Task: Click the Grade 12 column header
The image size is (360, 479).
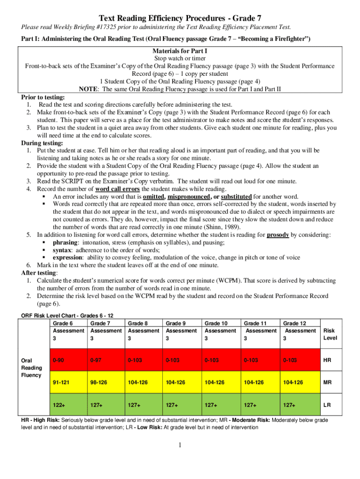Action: (x=300, y=331)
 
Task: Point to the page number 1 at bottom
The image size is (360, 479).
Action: (x=180, y=444)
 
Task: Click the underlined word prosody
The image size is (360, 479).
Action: (x=278, y=235)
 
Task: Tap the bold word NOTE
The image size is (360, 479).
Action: (x=88, y=89)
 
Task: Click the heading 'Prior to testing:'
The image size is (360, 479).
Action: (x=40, y=97)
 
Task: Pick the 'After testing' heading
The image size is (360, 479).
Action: (x=40, y=273)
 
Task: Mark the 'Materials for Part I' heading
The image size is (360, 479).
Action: (x=180, y=51)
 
